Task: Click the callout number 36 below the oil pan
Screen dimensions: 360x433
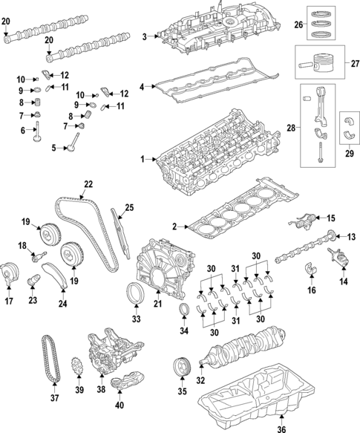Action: [x=281, y=429]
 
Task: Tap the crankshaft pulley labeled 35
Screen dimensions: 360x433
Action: [x=181, y=366]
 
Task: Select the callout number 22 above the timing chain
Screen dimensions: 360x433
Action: [x=88, y=184]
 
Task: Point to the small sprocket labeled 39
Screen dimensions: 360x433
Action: [x=76, y=366]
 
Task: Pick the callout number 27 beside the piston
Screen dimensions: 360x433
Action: [x=355, y=64]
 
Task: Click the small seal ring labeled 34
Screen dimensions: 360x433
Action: [x=184, y=308]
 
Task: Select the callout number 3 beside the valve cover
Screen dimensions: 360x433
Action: [x=145, y=36]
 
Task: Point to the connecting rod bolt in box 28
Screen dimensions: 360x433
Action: [x=320, y=152]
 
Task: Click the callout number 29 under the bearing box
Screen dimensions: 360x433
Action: [x=350, y=153]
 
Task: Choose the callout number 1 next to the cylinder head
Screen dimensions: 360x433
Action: [x=143, y=159]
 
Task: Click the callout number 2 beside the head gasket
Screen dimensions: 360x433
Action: [x=174, y=227]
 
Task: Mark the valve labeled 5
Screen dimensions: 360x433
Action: [x=73, y=142]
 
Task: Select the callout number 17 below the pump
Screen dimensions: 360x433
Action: [x=9, y=301]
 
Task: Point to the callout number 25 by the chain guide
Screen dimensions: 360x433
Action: [x=129, y=207]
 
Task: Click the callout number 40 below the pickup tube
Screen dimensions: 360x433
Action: [x=120, y=405]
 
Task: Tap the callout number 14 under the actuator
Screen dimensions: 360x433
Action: [x=344, y=281]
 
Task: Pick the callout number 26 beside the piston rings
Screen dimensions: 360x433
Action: [x=298, y=25]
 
